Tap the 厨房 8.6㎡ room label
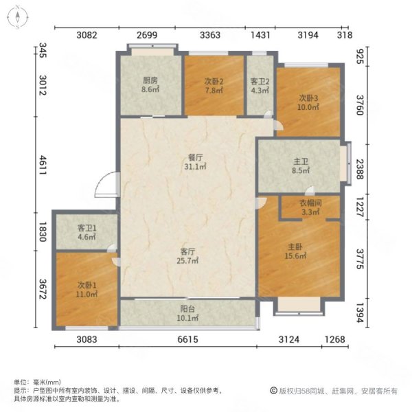pos(150,84)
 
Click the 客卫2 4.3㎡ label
pos(260,84)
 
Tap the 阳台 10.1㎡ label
pos(188,313)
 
